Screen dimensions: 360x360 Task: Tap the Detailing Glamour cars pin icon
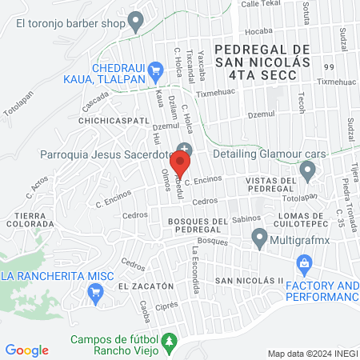(307, 169)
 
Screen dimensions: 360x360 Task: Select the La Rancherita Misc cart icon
(96, 292)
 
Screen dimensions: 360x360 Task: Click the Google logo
(26, 350)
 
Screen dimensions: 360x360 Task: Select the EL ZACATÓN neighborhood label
(146, 286)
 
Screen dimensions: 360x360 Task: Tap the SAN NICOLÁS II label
(250, 281)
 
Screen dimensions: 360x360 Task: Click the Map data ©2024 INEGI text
(312, 354)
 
